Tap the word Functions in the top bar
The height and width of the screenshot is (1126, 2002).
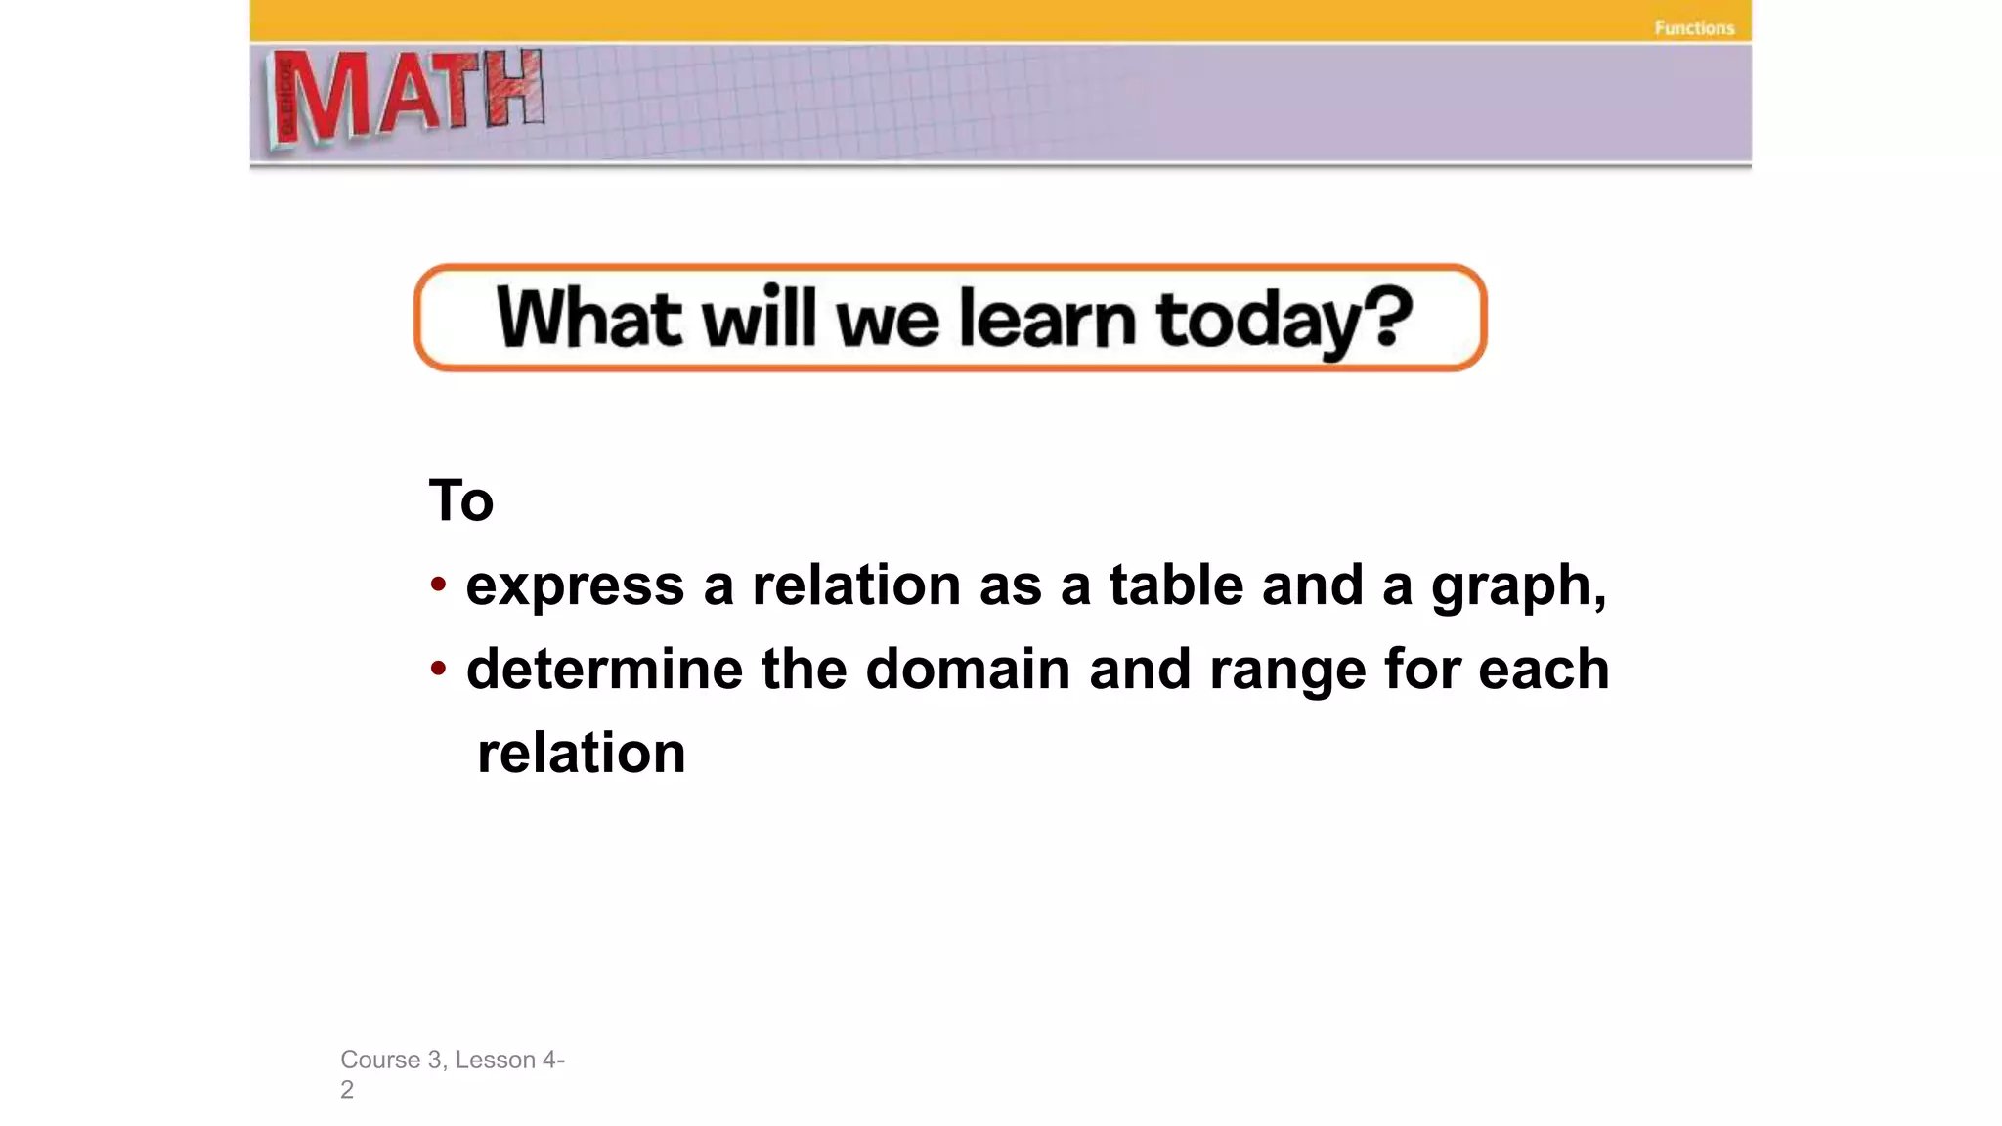1694,28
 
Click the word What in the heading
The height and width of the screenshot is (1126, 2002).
588,318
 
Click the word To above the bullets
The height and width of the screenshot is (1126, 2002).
461,500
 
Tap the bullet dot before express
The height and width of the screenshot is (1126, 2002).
439,585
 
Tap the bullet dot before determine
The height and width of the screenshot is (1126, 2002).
439,669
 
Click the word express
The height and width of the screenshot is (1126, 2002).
575,586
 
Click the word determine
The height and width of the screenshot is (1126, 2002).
604,670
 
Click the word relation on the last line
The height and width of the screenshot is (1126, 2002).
582,754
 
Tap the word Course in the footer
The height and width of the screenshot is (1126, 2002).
380,1060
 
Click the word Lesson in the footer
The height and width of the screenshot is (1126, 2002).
496,1060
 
